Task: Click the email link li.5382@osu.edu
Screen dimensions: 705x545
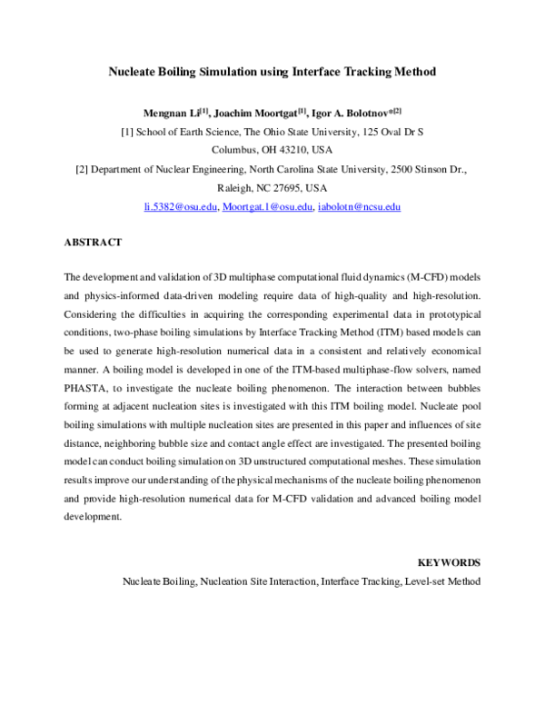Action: coord(181,207)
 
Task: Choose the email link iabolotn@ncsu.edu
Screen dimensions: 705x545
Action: coord(359,207)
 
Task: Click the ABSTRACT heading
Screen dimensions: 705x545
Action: coord(93,243)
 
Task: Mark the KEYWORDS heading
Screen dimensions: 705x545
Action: coord(449,562)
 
